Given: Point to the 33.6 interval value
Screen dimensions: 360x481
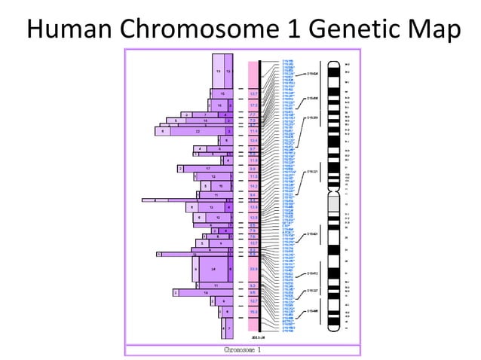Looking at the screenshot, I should click(x=253, y=269).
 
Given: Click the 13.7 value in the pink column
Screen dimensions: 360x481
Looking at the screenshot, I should click(x=253, y=94).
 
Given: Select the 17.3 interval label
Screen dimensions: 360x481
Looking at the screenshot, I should click(x=253, y=105).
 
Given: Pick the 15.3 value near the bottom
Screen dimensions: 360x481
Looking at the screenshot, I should click(x=253, y=311).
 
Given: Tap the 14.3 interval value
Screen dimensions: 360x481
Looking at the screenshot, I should click(x=253, y=185).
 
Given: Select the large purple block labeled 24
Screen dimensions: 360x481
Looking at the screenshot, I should click(x=214, y=269).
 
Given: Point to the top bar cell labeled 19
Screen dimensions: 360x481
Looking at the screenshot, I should click(x=218, y=71).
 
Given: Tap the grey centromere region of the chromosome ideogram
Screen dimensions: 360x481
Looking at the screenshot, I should click(x=332, y=204).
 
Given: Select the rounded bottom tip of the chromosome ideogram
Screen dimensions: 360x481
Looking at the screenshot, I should click(x=332, y=331).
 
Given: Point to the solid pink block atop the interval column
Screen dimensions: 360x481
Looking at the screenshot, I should click(x=253, y=74).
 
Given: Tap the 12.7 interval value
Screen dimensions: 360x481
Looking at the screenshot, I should click(x=253, y=301).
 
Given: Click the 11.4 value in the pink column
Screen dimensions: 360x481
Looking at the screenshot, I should click(x=253, y=131).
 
